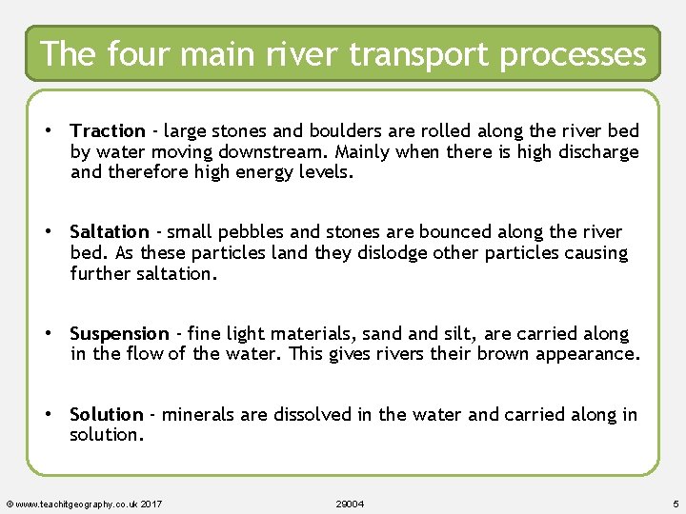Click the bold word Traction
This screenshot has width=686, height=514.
coord(108,130)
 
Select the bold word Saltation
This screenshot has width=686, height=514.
coord(110,231)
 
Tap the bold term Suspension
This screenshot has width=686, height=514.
coord(119,334)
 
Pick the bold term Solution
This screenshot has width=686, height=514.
coord(107,414)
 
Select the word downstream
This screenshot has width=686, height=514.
coord(299,152)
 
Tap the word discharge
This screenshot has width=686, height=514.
coord(596,152)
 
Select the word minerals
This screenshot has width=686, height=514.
coord(196,414)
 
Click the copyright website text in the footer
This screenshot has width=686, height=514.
coord(83,504)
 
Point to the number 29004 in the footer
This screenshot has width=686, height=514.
coord(351,504)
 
